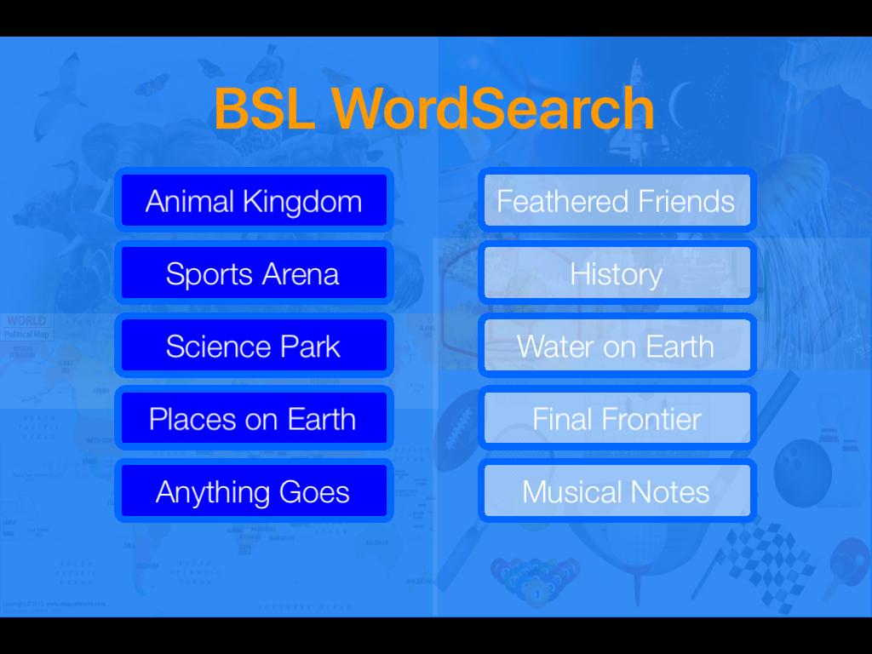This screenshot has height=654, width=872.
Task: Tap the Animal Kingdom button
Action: pos(254,201)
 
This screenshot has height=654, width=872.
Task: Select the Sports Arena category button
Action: pos(254,273)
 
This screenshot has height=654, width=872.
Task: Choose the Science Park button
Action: pos(254,347)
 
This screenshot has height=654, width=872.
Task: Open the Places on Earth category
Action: pos(254,419)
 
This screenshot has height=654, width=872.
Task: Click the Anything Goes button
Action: pos(254,491)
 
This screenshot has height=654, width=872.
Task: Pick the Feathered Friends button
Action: pos(617,201)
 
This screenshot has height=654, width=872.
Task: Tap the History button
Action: pos(617,273)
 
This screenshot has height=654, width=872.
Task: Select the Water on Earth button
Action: pos(617,347)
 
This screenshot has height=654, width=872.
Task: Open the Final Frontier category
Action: pos(617,419)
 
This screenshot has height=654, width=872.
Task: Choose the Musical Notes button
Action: pos(617,491)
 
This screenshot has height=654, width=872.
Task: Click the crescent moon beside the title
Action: pos(678,106)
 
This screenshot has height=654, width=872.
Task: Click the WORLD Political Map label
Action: pos(26,327)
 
